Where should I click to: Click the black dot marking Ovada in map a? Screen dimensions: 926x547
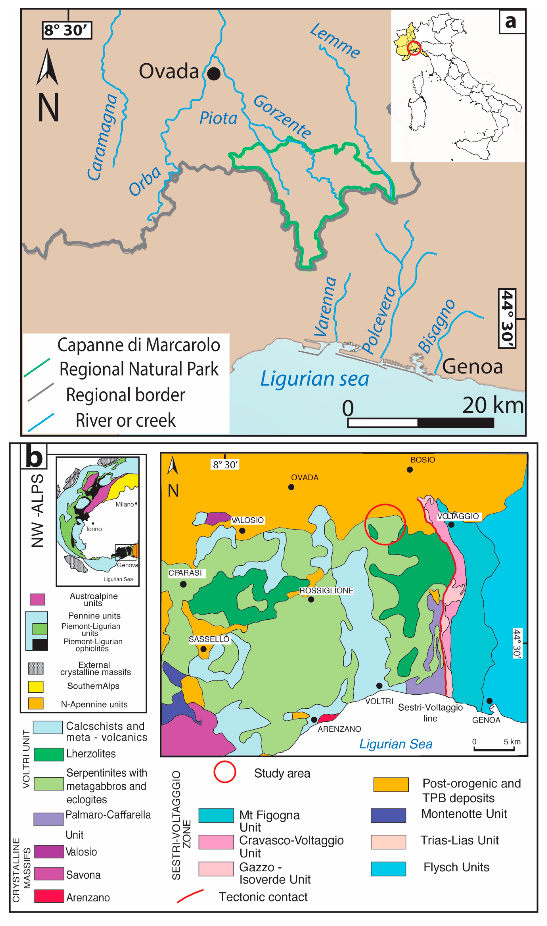214,74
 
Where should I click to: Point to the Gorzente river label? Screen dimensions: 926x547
282,116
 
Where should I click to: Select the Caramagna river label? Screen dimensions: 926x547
102,137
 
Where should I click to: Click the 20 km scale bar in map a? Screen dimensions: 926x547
421,423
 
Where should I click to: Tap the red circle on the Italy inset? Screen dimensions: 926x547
414,48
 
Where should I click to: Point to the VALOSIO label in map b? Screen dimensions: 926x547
247,520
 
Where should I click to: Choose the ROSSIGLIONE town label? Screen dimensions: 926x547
326,591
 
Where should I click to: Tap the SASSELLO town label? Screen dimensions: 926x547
209,639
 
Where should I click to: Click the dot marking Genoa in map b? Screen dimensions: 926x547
489,701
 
